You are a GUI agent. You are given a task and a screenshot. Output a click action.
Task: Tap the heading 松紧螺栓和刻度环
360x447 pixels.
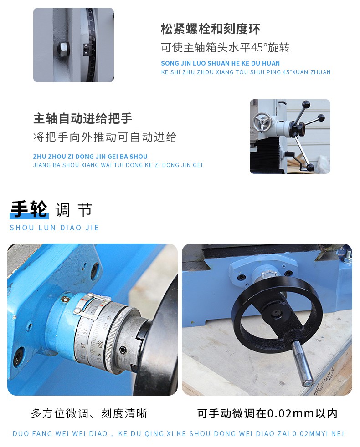tap(211, 29)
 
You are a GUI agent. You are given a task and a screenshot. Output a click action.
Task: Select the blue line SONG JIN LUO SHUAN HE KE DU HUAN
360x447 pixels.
tap(221, 63)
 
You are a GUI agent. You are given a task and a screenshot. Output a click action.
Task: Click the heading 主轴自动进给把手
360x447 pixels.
tap(83, 118)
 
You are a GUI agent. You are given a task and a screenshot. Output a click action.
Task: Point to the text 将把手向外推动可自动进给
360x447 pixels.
tap(105, 137)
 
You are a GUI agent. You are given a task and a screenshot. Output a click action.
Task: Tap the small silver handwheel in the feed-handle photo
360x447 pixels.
tap(262, 122)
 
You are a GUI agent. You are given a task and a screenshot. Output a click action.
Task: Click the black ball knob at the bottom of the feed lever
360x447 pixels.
tap(310, 167)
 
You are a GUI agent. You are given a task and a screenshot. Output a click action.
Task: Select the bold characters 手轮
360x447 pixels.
tap(29, 209)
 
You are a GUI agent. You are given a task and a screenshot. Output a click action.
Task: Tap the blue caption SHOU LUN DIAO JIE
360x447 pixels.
tap(54, 228)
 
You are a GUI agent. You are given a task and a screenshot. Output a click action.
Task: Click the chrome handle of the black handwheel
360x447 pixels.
tap(303, 364)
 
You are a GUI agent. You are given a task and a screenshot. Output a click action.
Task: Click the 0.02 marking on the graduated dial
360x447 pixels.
tap(100, 345)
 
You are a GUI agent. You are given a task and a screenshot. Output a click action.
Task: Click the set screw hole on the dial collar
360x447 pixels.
tap(123, 350)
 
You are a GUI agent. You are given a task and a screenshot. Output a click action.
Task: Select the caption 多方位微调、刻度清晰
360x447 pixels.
tap(89, 413)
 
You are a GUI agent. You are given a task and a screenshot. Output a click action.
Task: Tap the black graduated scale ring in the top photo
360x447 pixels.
tap(91, 45)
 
